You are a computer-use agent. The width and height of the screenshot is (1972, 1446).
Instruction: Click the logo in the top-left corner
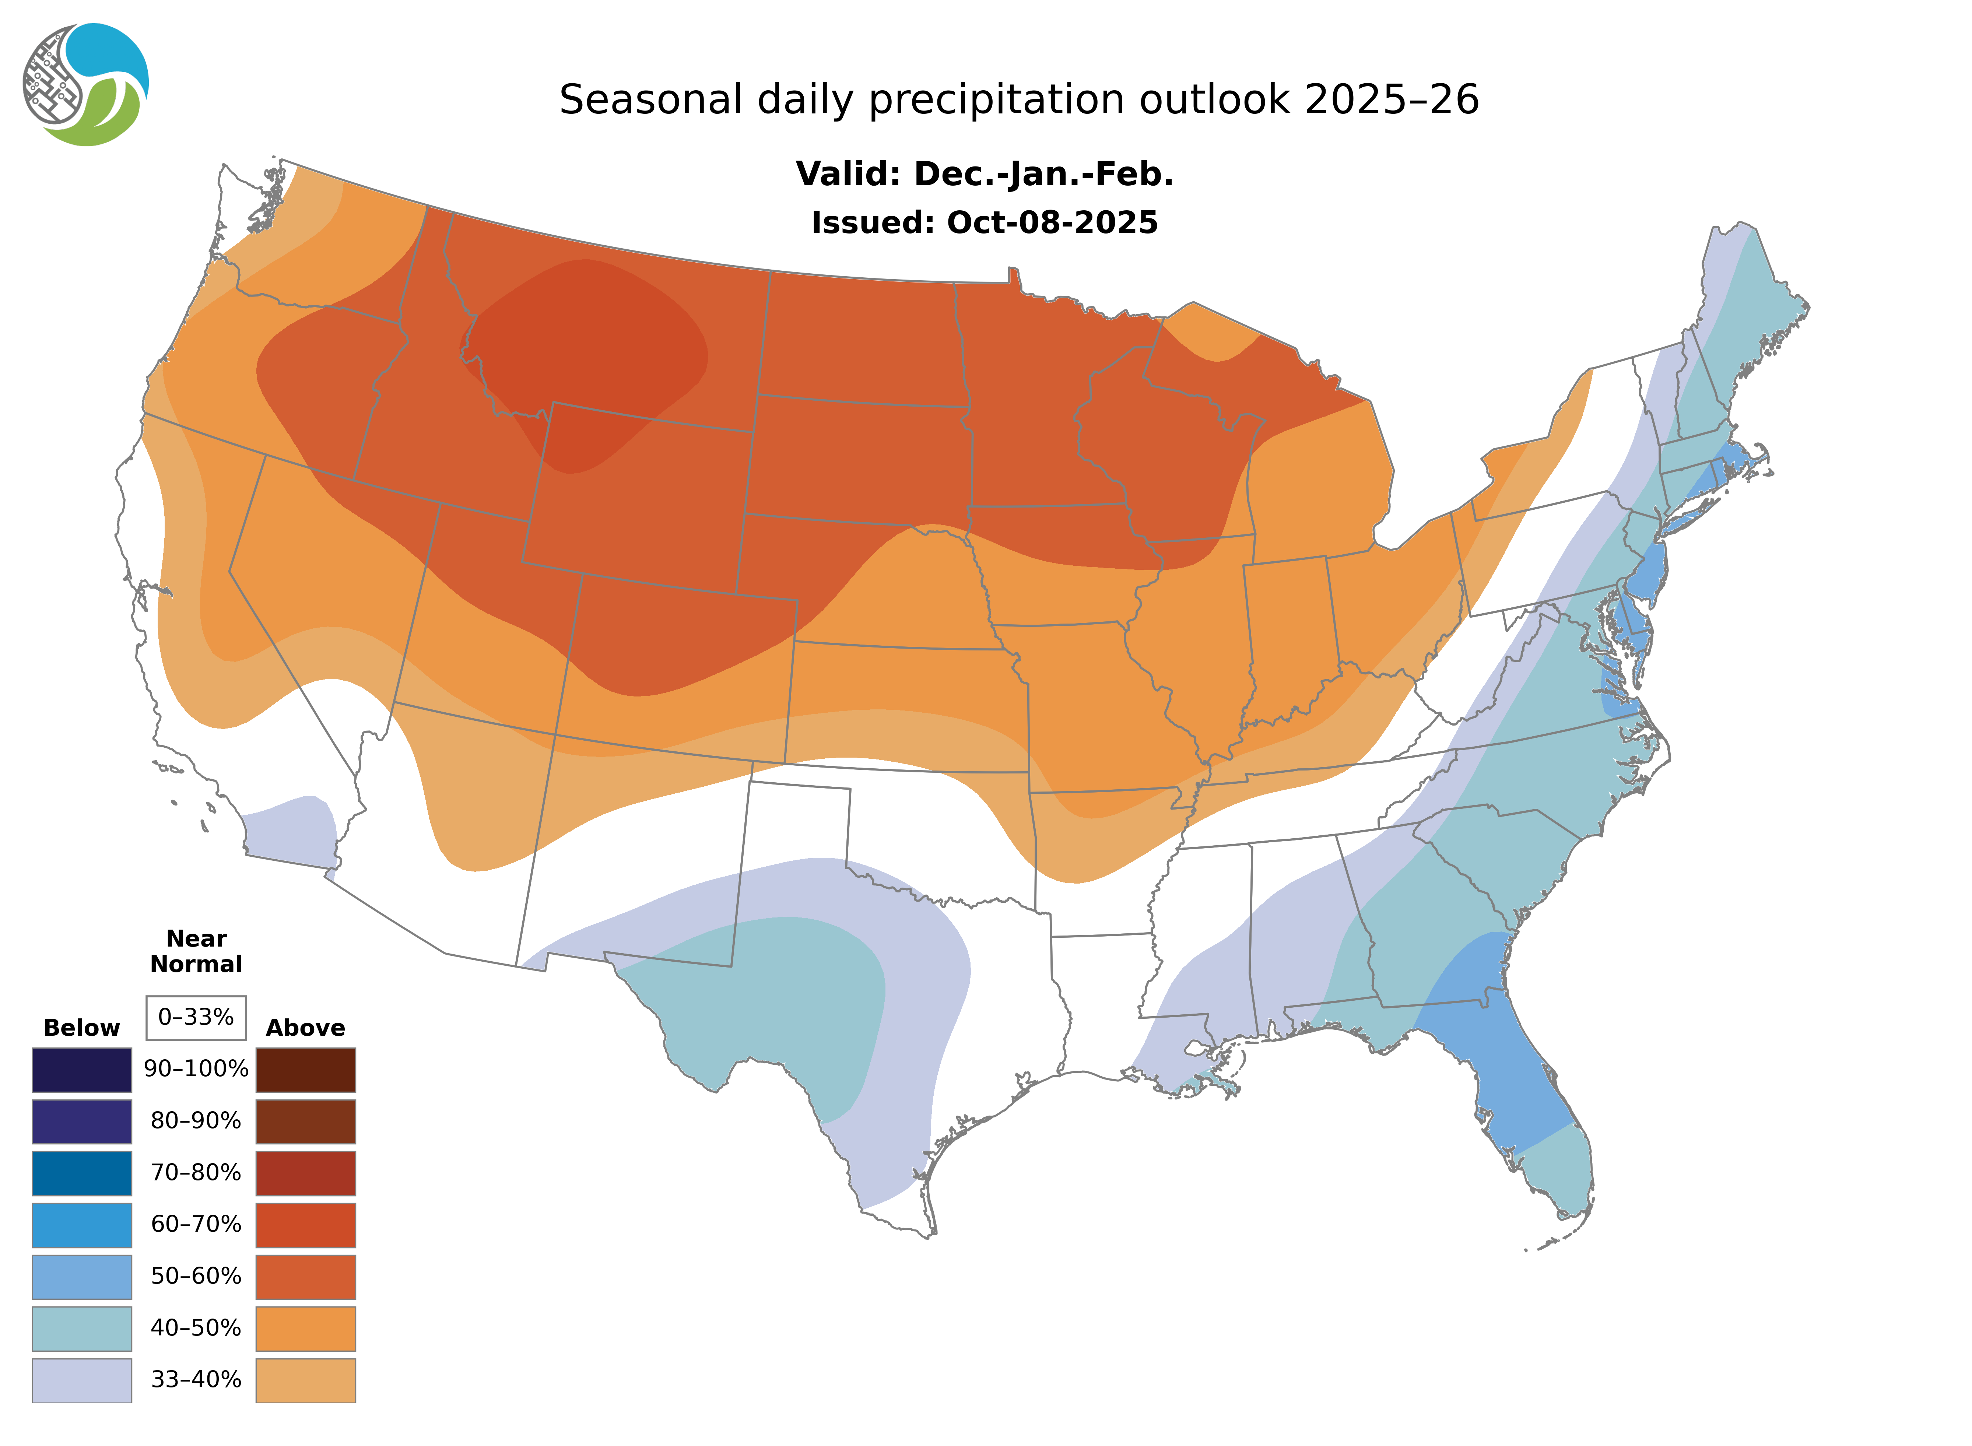[86, 85]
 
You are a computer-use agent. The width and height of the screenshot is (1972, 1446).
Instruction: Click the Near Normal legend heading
[196, 951]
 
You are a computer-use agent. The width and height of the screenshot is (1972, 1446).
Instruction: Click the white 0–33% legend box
[196, 1017]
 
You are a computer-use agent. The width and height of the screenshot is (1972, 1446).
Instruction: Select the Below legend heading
[81, 1028]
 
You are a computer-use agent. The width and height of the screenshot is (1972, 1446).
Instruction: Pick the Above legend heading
[305, 1028]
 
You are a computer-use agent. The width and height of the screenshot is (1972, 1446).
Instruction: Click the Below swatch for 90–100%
[81, 1070]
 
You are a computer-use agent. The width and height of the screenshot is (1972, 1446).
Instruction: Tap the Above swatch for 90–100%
[305, 1070]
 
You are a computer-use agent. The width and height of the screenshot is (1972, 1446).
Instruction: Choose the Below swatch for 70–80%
[81, 1173]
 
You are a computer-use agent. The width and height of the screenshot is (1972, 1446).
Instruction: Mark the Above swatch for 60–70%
[305, 1225]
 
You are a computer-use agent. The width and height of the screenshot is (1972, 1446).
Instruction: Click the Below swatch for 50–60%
[81, 1276]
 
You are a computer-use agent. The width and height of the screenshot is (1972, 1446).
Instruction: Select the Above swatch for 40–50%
[305, 1328]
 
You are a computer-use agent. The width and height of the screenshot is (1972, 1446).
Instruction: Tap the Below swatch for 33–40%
[81, 1379]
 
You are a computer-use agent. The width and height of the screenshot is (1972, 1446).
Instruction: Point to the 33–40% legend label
[196, 1379]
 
